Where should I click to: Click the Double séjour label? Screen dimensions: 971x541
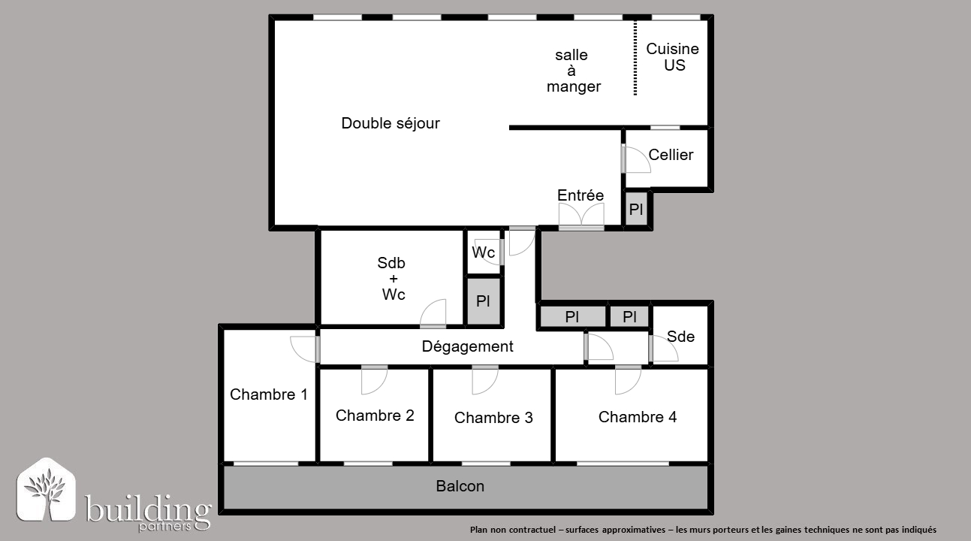tap(391, 123)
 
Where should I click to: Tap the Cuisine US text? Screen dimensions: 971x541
tap(672, 57)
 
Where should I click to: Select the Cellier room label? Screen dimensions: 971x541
tap(671, 155)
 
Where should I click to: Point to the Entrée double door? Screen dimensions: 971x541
tap(581, 216)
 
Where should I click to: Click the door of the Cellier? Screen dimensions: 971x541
tap(635, 159)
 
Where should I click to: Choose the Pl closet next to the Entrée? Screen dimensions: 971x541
tap(636, 209)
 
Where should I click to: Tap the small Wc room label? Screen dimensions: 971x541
tap(484, 252)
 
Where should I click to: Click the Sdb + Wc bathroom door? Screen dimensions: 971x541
tap(433, 313)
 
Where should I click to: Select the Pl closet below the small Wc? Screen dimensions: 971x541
tap(484, 301)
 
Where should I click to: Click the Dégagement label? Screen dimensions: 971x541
tap(467, 346)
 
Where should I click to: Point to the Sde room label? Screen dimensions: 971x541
tap(680, 336)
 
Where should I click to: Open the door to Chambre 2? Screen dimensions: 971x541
tap(374, 380)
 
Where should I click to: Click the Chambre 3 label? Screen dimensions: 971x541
tap(493, 417)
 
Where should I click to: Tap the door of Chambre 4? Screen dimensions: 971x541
tap(628, 380)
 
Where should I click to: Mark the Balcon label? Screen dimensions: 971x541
tap(460, 486)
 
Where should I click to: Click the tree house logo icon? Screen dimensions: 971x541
tap(46, 489)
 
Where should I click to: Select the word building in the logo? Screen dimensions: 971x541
tap(148, 510)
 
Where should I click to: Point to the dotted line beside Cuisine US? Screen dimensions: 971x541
tap(635, 58)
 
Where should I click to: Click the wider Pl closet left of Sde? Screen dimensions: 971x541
tap(572, 316)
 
